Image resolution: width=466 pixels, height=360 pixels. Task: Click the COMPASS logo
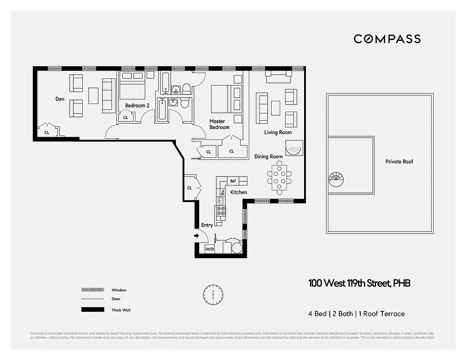[387, 39]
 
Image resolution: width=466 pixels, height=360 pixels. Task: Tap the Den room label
[60, 99]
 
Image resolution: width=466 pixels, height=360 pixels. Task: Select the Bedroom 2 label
[137, 106]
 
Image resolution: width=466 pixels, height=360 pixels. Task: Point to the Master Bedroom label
[219, 124]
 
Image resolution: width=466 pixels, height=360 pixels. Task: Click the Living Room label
[278, 132]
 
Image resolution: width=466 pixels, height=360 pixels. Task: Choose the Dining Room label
[268, 157]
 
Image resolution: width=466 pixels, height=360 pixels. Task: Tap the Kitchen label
[238, 192]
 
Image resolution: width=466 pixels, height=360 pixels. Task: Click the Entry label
[207, 225]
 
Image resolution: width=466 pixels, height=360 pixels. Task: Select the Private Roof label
[399, 162]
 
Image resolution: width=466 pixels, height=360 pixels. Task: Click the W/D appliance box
[210, 249]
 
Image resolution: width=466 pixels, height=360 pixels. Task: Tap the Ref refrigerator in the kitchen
[233, 181]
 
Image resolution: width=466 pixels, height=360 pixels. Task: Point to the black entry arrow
[197, 235]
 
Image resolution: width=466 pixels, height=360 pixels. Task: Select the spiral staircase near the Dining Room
[294, 148]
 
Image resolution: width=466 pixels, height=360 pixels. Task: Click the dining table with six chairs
[279, 177]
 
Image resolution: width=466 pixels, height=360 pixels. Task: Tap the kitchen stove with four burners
[220, 211]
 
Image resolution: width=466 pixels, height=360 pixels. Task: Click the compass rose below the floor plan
[213, 294]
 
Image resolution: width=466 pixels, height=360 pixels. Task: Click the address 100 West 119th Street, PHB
[359, 283]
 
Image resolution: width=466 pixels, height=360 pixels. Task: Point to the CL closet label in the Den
[47, 133]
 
